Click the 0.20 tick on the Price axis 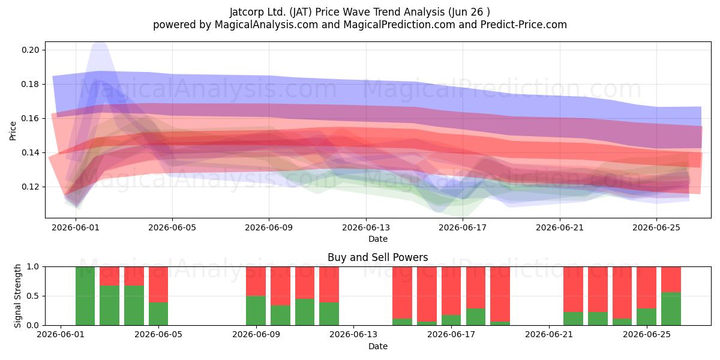tap(31, 50)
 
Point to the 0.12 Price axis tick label tap(31, 187)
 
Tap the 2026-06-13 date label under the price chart tap(366, 227)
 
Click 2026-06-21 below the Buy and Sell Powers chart tap(549, 335)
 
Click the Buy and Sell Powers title tap(377, 257)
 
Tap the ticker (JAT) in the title tap(301, 12)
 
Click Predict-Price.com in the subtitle tap(524, 25)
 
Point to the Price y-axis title tap(13, 131)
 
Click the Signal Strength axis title tap(17, 296)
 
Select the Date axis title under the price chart tap(377, 239)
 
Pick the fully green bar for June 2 tap(85, 296)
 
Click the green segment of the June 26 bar tap(671, 308)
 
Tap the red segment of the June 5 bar tap(158, 284)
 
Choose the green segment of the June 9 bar tap(256, 311)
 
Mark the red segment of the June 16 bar tap(427, 294)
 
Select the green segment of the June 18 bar tap(476, 317)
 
